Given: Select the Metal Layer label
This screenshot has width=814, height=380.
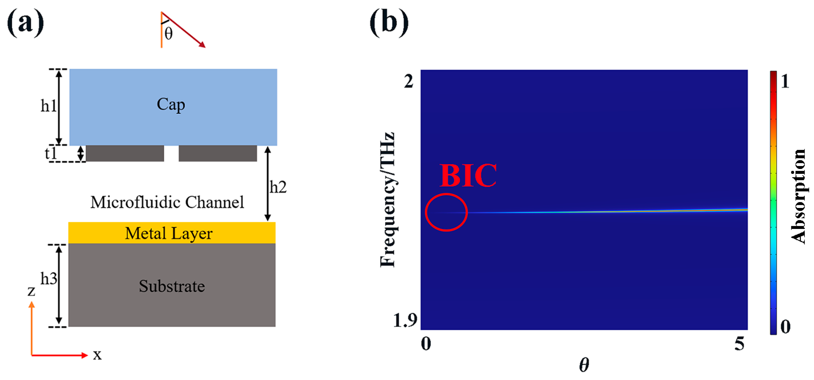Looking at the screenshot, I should (169, 234).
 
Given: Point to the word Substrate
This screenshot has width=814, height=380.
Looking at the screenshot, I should (172, 286).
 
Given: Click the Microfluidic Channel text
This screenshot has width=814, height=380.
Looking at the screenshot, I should (167, 203).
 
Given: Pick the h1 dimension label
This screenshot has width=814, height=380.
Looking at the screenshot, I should (48, 106).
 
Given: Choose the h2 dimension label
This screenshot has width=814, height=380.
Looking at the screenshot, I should (278, 187).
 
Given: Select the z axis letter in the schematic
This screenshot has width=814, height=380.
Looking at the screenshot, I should (31, 291).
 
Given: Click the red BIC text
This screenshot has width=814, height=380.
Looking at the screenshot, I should (468, 176).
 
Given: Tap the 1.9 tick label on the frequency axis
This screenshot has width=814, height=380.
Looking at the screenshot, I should (405, 320).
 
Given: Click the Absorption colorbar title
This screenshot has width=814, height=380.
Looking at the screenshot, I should (798, 196).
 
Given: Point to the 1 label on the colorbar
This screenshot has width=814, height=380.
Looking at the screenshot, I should (785, 82).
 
